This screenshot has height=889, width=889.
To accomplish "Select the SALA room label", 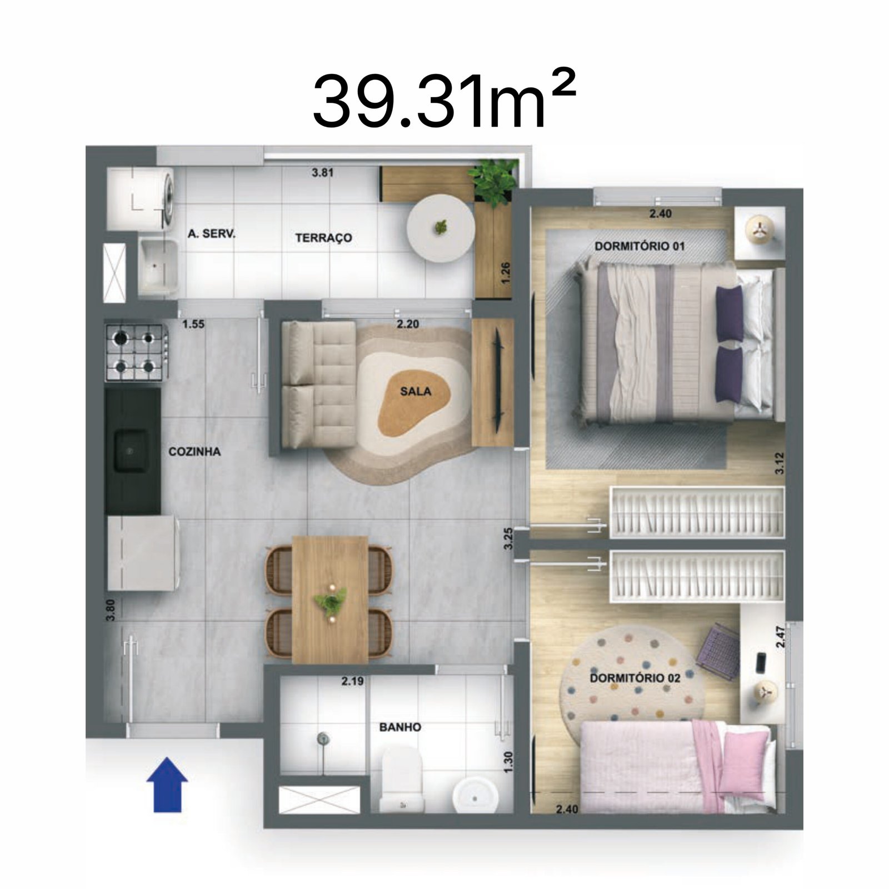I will (x=416, y=392).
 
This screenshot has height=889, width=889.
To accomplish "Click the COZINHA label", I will (x=194, y=452).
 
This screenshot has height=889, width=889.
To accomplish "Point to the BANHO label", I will (x=400, y=727).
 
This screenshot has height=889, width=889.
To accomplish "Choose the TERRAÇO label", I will (x=323, y=238).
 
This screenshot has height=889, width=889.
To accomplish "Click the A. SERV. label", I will (x=211, y=234).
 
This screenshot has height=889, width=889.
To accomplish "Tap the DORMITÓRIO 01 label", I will (x=640, y=246).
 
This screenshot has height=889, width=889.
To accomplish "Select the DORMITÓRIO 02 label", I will (x=635, y=678).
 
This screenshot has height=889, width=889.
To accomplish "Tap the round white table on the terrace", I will (x=441, y=227).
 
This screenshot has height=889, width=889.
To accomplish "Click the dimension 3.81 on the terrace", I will (x=322, y=172).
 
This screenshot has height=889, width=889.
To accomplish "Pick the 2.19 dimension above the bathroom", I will (x=352, y=681).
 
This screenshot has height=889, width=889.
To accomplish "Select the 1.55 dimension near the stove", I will (x=193, y=324).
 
